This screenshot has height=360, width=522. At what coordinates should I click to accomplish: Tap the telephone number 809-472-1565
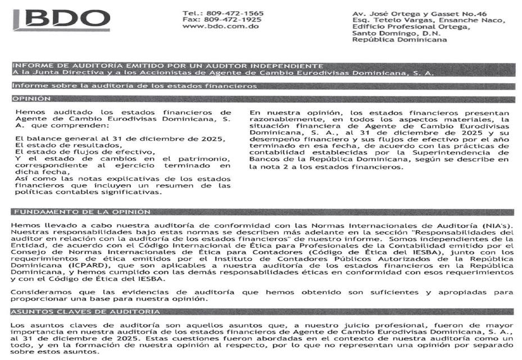click(234, 13)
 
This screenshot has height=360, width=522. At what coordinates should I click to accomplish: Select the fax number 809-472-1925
click(234, 20)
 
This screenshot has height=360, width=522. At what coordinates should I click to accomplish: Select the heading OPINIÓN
click(31, 99)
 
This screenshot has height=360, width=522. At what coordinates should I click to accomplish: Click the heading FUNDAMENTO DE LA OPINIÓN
click(81, 212)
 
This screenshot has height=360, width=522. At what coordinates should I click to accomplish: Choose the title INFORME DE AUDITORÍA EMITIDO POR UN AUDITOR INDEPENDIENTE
click(167, 66)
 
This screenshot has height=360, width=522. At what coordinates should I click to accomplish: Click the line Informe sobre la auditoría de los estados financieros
click(134, 86)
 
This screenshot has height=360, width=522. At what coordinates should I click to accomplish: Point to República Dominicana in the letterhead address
click(399, 40)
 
